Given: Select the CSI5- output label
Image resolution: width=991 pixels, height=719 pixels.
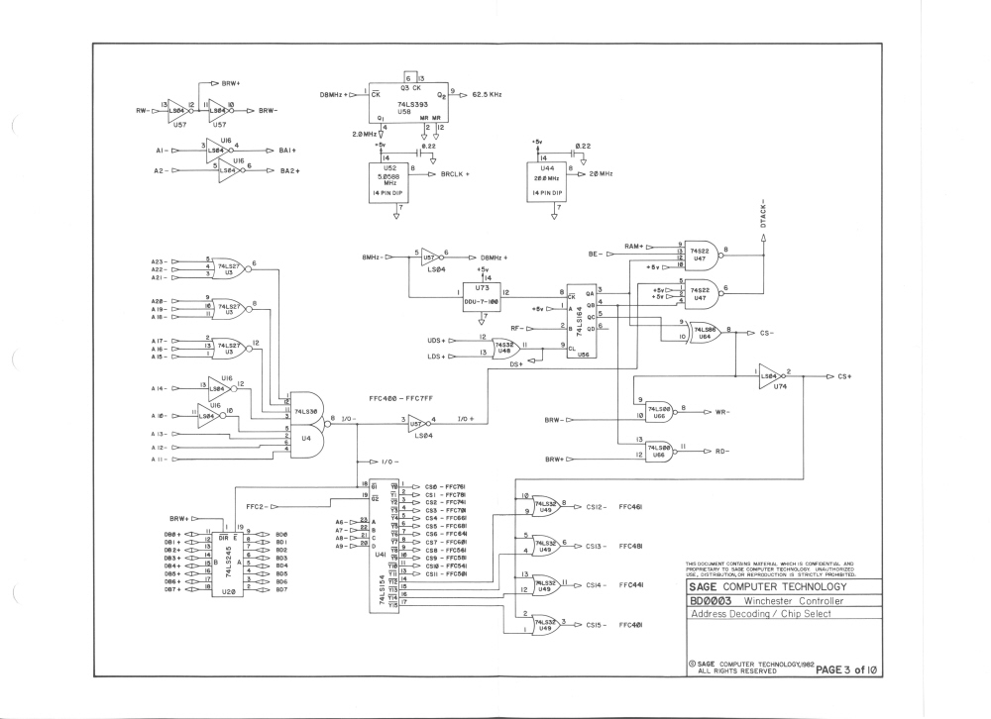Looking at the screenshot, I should click(x=582, y=626).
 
